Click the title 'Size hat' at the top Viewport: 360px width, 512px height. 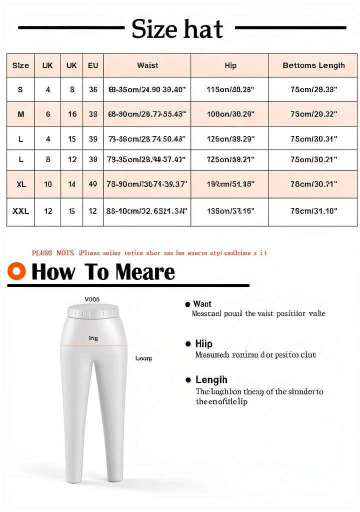(177, 28)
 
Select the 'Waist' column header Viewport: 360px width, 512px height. (147, 65)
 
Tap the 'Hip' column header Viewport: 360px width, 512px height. (230, 65)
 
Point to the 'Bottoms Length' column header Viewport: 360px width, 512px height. (313, 65)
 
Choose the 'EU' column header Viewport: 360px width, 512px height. (93, 65)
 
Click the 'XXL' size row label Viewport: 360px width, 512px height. (20, 211)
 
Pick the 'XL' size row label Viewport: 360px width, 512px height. (20, 184)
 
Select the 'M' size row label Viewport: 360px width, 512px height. (20, 114)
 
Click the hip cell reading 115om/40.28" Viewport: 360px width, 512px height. (230, 90)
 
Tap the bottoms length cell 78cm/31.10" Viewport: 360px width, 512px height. (313, 211)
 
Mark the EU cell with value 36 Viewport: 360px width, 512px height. (93, 90)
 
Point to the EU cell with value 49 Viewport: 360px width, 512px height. (93, 184)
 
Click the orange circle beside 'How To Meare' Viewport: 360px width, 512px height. (17, 271)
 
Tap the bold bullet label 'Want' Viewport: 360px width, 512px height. (202, 304)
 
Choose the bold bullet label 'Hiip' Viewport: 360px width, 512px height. (203, 344)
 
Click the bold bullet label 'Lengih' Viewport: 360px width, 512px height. (211, 380)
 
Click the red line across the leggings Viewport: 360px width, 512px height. (93, 344)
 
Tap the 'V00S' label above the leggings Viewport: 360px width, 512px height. (92, 299)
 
